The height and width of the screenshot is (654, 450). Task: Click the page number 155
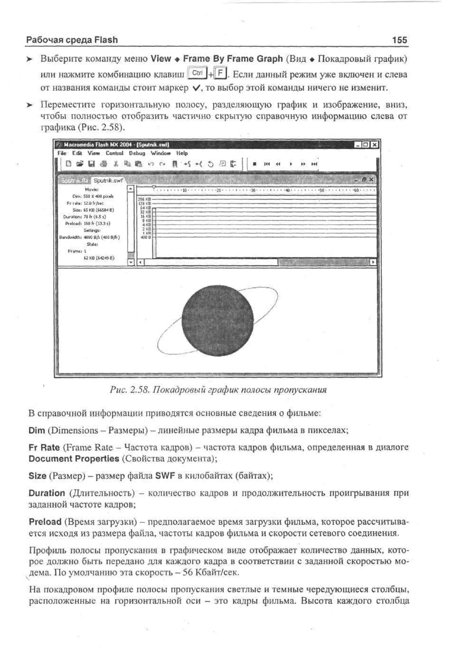tap(399, 40)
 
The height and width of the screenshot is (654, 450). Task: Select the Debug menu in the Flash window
tap(137, 153)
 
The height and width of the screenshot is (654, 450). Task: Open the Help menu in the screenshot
tap(182, 153)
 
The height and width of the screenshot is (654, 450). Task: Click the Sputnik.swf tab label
tap(108, 180)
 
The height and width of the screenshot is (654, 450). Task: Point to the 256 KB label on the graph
tap(144, 199)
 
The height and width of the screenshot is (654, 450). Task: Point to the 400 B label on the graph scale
tap(145, 237)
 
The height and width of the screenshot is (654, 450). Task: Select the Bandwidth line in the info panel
tap(89, 237)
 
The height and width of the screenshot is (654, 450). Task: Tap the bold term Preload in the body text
tap(45, 522)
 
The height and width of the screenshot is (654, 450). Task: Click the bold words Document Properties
tap(74, 459)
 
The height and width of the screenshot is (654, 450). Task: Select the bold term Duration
tap(47, 493)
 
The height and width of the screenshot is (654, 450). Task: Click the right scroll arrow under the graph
tap(373, 262)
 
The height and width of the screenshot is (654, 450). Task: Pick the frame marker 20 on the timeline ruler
tap(218, 190)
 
